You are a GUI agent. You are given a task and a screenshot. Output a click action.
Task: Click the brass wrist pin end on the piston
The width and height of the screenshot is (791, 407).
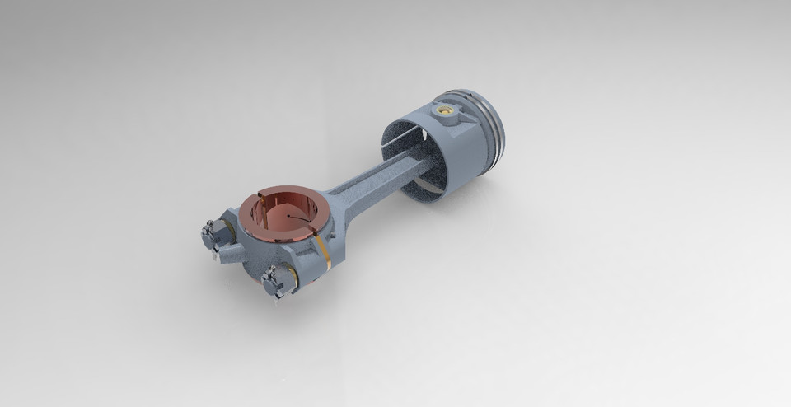[x=447, y=110]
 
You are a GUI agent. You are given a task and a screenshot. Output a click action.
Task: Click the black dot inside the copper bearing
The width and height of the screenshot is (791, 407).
[x=289, y=217]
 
